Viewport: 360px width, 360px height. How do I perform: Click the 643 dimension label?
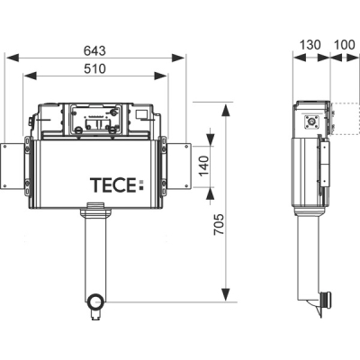tap(94, 50)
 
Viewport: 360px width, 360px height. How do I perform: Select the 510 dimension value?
tap(94, 68)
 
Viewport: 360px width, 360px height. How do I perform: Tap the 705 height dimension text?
tap(219, 224)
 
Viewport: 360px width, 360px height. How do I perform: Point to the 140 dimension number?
tap(204, 166)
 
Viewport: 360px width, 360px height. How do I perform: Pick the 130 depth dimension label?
tap(310, 45)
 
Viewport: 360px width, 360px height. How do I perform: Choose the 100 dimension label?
tap(345, 45)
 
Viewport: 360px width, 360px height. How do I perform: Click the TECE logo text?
tap(113, 184)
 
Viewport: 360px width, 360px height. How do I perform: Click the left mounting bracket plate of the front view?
tap(13, 166)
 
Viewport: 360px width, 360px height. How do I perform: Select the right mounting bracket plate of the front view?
tap(178, 166)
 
